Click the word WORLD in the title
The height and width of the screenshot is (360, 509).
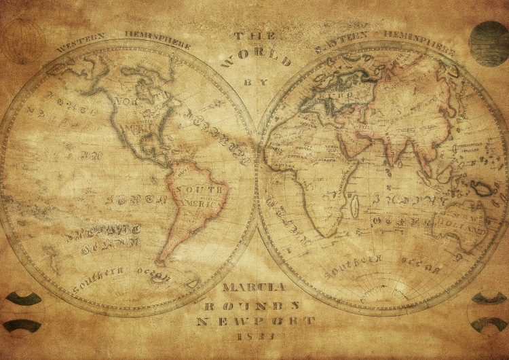257,58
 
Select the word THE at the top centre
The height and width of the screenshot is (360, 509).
246,35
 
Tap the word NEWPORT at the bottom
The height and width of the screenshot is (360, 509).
256,321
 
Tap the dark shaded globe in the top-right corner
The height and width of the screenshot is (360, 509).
489,43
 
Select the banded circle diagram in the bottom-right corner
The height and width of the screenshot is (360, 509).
488,312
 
